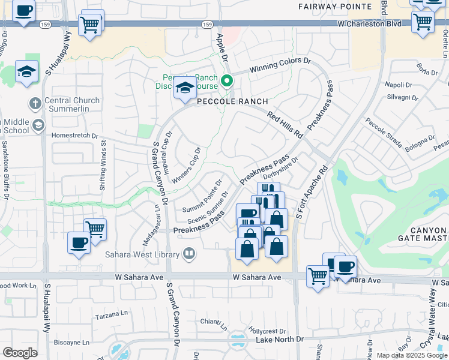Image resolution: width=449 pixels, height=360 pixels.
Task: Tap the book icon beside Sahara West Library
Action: coord(190,254)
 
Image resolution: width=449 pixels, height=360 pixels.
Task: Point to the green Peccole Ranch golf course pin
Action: coord(227,80)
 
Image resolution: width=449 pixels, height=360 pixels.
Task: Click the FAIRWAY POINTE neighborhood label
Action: coord(335,7)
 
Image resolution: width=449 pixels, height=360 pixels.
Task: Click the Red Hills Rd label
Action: coord(285,125)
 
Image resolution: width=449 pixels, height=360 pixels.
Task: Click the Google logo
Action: coord(20,353)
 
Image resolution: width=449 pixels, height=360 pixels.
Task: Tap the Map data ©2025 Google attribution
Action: coord(412,355)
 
